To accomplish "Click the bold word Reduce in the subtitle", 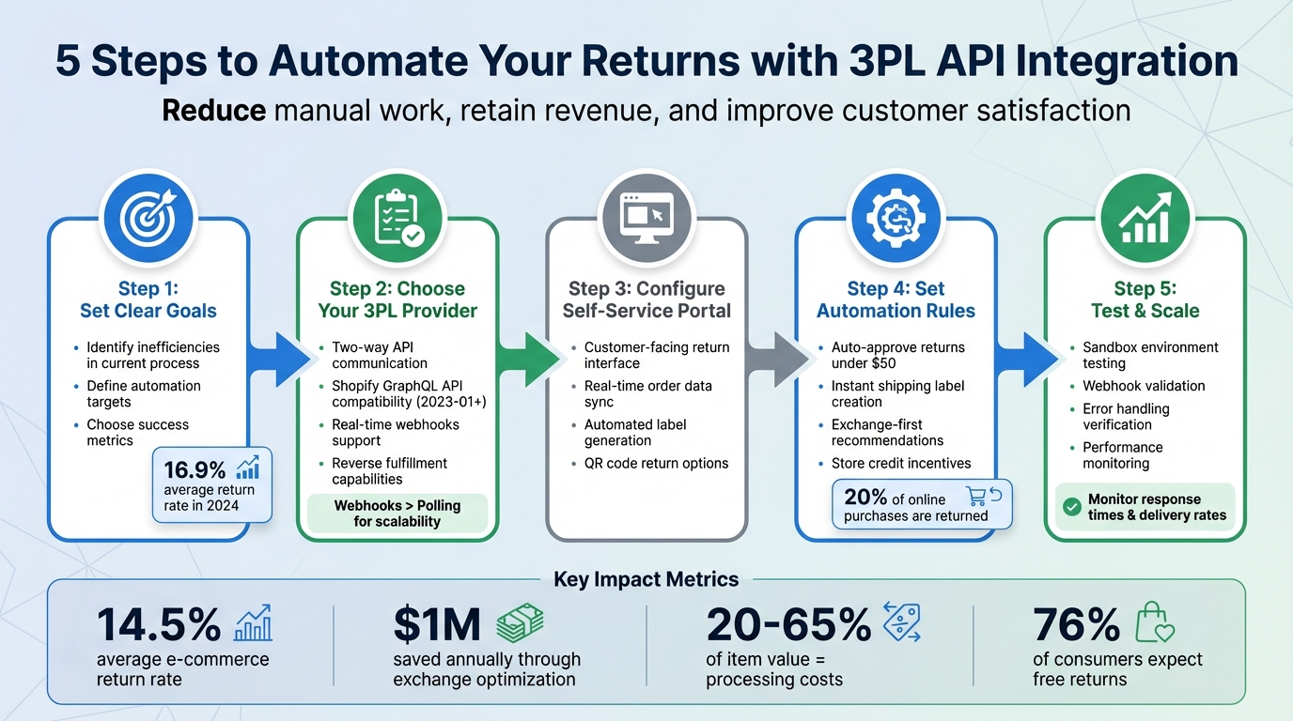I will pos(213,111).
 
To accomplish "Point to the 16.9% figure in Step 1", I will pos(195,469).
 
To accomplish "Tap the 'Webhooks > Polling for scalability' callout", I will pos(397,514).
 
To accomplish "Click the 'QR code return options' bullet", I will pos(656,463).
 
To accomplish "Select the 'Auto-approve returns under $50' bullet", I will pos(897,355).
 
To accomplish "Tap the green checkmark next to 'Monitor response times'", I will pos(1070,507).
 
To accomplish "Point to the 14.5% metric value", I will pos(159,624).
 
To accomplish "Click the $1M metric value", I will pos(437,624).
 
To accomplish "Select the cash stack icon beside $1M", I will pos(520,623).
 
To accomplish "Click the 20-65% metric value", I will pos(787,624).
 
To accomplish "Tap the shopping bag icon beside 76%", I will pos(1155,623).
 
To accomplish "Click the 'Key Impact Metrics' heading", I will pos(646,579).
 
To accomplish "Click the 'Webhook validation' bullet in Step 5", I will pos(1144,386).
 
